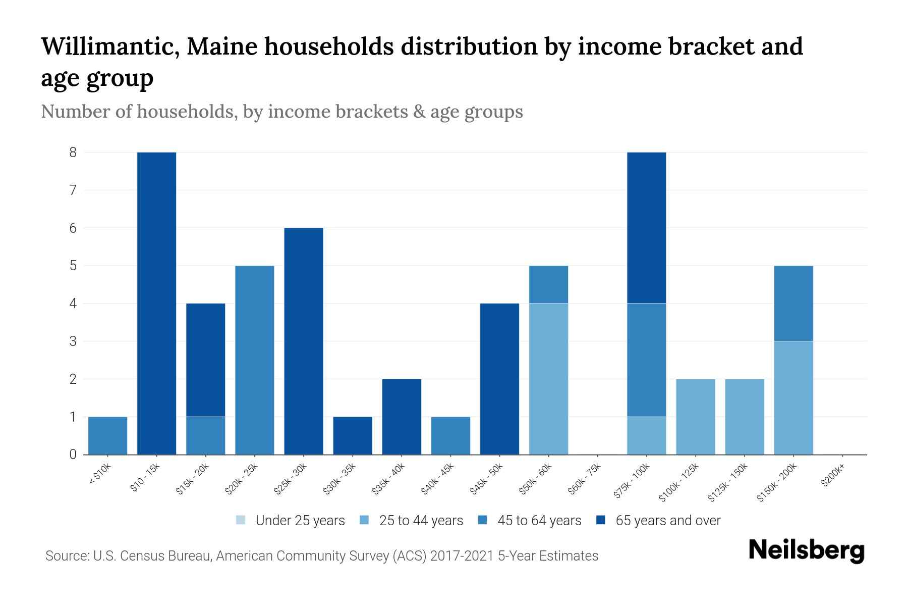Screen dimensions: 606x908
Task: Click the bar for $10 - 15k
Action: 156,303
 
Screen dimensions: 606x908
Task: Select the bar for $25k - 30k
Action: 304,341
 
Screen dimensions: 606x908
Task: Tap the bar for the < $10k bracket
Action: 107,435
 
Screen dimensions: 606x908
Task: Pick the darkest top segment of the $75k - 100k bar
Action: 646,227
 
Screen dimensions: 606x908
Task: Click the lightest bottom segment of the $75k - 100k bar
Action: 646,435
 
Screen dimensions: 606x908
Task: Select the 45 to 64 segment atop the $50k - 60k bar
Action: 548,284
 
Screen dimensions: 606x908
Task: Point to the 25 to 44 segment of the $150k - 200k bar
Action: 793,398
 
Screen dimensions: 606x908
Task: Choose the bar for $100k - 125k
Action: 695,417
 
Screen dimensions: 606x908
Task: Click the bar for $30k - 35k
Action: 353,435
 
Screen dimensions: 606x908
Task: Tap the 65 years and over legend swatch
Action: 601,520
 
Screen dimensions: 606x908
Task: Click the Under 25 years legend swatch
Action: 241,520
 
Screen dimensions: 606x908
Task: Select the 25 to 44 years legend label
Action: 421,521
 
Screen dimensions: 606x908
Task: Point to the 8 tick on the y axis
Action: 73,152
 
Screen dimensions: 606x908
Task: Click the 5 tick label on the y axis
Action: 73,266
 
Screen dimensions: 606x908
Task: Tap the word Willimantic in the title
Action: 108,46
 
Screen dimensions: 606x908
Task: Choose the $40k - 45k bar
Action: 450,435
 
